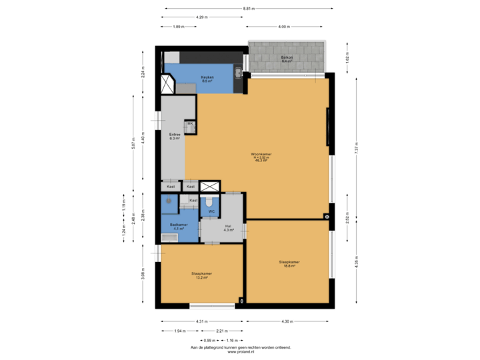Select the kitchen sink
pyautogui.click(x=238, y=72)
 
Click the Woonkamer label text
pyautogui.click(x=261, y=156)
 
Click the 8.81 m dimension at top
pyautogui.click(x=248, y=9)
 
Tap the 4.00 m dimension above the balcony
pyautogui.click(x=284, y=27)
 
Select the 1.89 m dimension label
pyautogui.click(x=177, y=27)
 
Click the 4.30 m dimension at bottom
pyautogui.click(x=287, y=322)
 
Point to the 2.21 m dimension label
pyautogui.click(x=221, y=331)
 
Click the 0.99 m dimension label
pyautogui.click(x=209, y=340)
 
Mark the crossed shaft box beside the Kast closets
pyautogui.click(x=209, y=187)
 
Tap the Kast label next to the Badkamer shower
pyautogui.click(x=193, y=200)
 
